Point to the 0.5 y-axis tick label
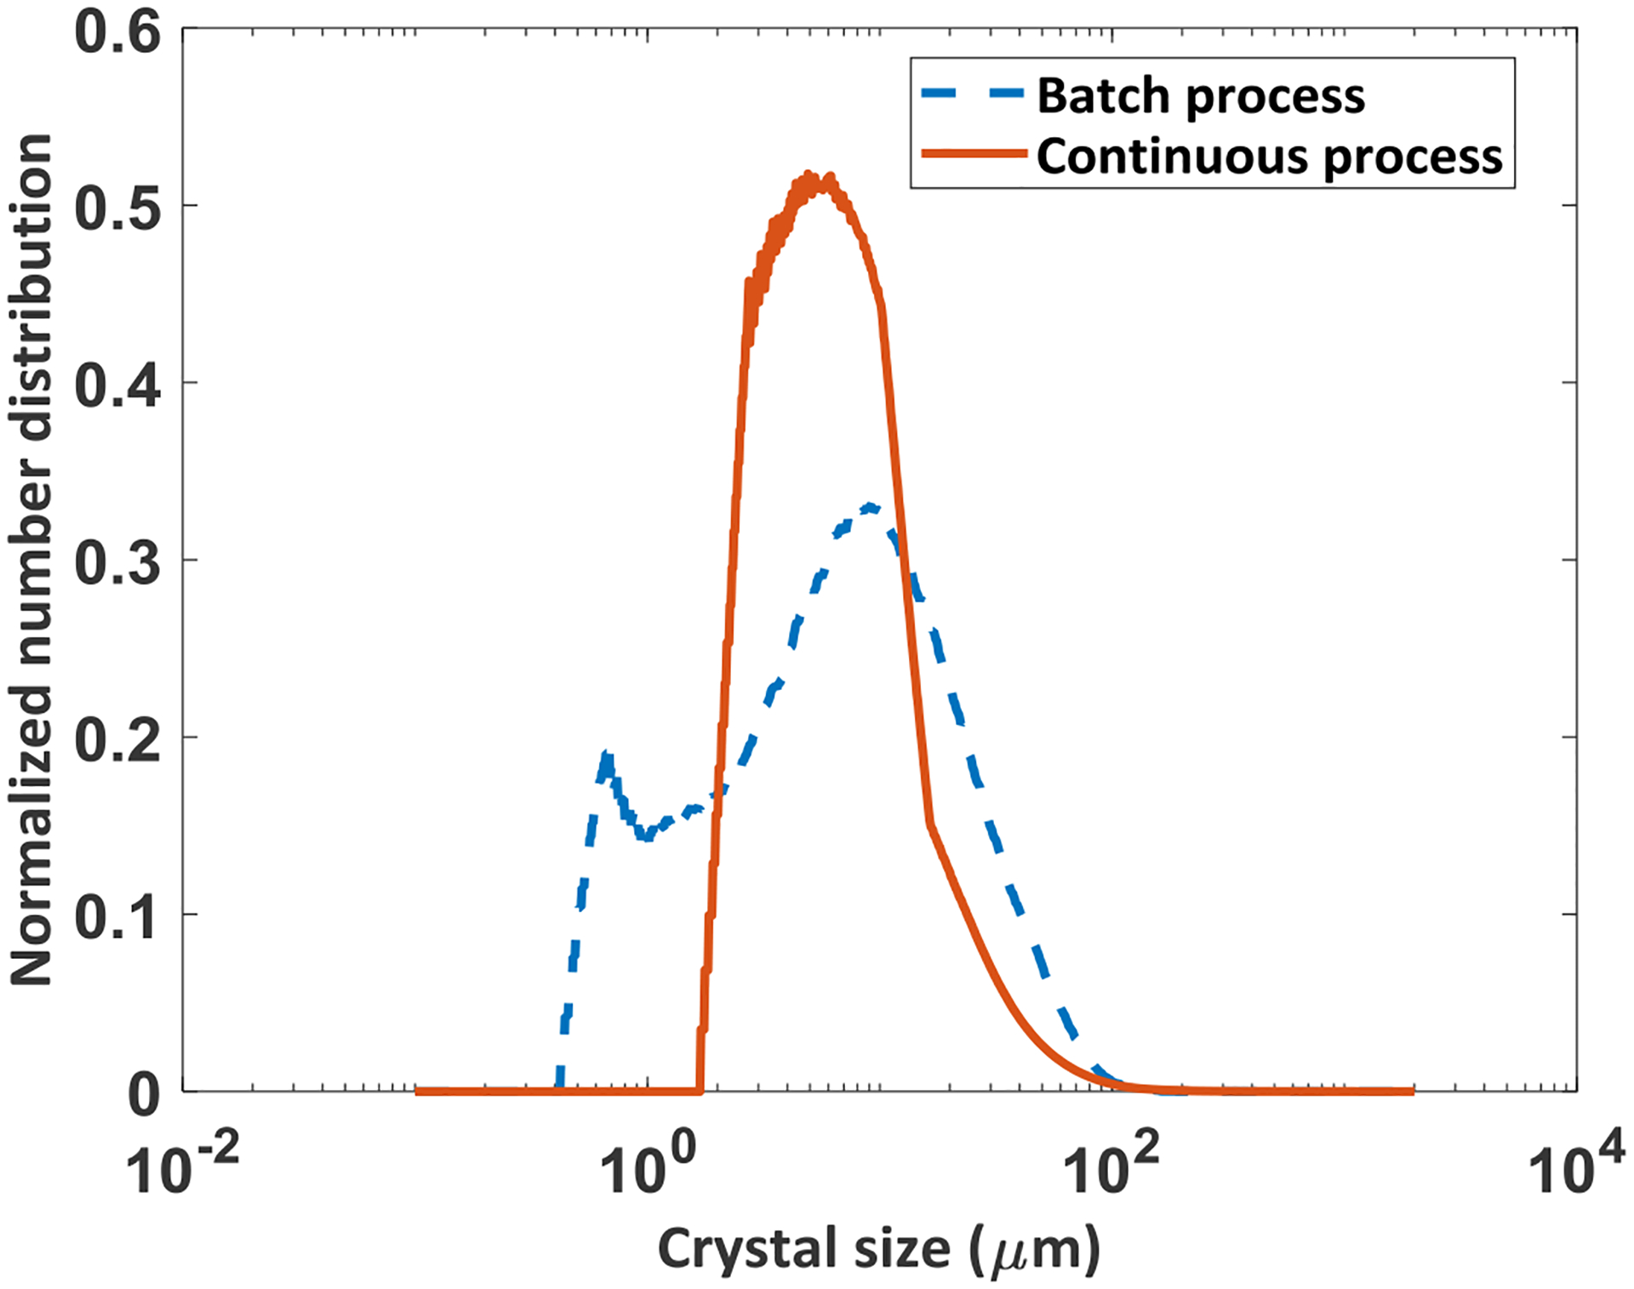pyautogui.click(x=117, y=209)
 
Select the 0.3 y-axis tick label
pyautogui.click(x=117, y=563)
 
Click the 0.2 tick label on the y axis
pyautogui.click(x=117, y=740)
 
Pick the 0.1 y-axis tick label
pyautogui.click(x=117, y=917)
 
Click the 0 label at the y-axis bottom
pyautogui.click(x=144, y=1096)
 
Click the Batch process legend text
pyautogui.click(x=1200, y=95)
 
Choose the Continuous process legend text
pyautogui.click(x=1269, y=157)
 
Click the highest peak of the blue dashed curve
pyautogui.click(x=869, y=508)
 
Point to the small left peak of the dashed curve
pyautogui.click(x=606, y=756)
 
